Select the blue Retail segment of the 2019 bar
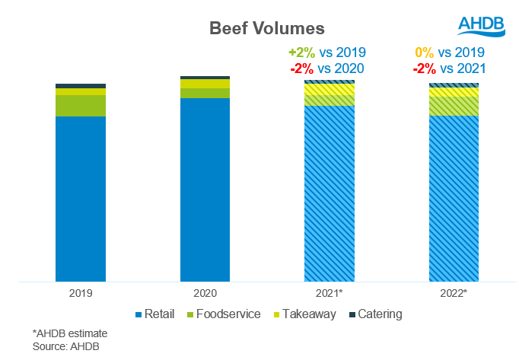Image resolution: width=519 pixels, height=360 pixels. click(80, 198)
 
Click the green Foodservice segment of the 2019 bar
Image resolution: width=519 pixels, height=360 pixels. click(80, 106)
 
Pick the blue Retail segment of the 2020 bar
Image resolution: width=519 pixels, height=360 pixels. click(205, 190)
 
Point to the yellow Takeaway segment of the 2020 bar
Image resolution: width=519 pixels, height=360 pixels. click(205, 84)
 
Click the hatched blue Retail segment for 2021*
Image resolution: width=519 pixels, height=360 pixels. click(329, 193)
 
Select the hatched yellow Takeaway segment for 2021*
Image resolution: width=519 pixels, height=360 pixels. click(329, 89)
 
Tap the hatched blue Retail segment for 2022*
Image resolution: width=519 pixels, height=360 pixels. click(454, 198)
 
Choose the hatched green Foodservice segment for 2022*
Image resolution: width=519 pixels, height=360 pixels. click(454, 106)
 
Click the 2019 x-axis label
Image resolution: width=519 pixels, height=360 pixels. click(80, 292)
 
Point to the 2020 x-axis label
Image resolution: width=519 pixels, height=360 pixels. click(205, 292)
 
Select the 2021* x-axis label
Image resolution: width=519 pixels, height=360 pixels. click(330, 292)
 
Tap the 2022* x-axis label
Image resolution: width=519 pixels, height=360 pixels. click(454, 292)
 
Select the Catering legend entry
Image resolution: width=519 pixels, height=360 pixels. click(376, 314)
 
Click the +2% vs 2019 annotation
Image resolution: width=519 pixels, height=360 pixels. click(327, 53)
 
